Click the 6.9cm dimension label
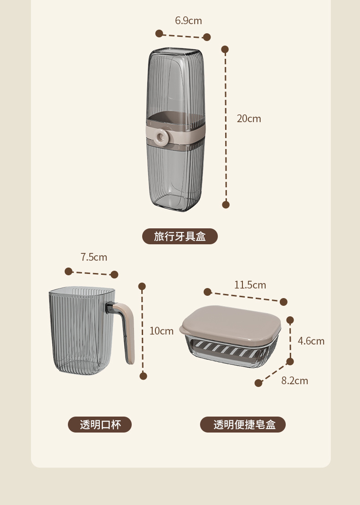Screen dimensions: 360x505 188,21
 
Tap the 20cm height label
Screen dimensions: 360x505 249,119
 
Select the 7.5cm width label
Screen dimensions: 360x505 94,257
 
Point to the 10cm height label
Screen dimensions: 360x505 161,331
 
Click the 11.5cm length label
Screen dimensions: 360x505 250,285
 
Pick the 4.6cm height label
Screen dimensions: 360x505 311,341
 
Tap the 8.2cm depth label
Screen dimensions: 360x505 294,381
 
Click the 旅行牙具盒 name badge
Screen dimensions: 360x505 180,237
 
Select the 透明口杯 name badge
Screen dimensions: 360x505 100,425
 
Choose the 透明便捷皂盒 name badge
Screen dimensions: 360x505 243,425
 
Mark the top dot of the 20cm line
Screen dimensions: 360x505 225,49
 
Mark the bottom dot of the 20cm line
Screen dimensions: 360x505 226,205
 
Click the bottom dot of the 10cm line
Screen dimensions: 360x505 143,376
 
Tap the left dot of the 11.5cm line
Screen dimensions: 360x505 208,292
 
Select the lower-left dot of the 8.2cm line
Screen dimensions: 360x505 258,383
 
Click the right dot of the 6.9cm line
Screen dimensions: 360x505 206,37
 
